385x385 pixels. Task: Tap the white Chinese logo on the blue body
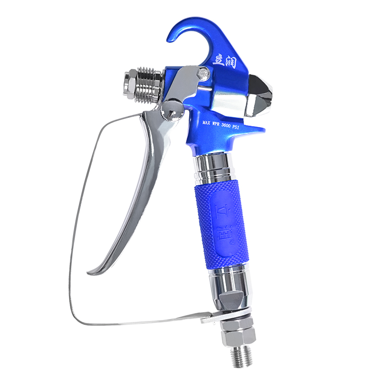point(224,62)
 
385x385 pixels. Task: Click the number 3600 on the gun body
point(228,125)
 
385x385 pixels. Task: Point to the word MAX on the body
point(206,123)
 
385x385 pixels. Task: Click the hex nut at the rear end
point(130,83)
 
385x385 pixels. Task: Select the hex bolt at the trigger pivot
point(203,73)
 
